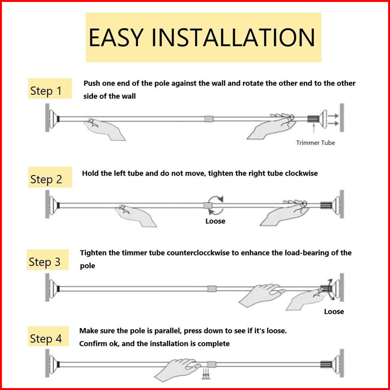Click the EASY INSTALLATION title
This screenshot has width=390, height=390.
[203, 37]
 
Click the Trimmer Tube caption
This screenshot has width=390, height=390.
[315, 143]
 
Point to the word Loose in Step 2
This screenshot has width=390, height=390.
[215, 221]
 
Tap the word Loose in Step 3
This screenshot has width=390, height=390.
[334, 311]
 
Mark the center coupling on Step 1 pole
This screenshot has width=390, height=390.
[209, 119]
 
